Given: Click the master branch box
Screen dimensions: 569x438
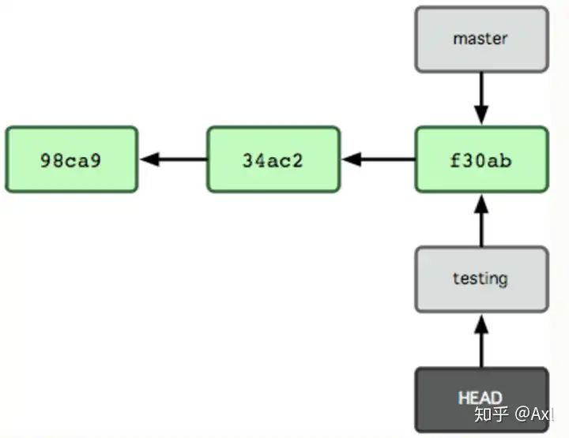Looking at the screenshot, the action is [481, 39].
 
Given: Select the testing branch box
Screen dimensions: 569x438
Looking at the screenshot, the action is [481, 279].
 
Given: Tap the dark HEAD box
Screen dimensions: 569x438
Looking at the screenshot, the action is [481, 399].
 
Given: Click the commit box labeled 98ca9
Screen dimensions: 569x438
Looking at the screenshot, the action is [71, 159].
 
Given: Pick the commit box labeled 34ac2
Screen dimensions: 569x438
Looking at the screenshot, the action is [273, 159].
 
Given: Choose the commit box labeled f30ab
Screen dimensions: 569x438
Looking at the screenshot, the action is [481, 159].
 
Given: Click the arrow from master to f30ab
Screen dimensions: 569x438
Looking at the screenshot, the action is [481, 99].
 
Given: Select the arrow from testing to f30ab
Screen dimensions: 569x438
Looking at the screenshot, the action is [481, 220].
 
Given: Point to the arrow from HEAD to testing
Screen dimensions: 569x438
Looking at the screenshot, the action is [481, 341].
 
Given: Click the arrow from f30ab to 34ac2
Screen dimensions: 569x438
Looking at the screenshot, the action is [378, 159].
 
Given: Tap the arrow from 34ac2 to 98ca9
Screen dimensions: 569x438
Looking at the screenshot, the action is [173, 159].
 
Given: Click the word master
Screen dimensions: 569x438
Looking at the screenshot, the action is [480, 39].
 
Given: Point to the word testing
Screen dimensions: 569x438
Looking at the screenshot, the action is [480, 279].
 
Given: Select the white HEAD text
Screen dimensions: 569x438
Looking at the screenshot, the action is [480, 398].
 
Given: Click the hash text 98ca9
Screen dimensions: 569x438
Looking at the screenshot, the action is [71, 160].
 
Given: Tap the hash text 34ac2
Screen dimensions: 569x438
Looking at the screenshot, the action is [273, 160].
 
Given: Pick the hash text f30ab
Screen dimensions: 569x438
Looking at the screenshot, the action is [480, 160].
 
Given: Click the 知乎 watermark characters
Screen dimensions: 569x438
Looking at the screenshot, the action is [491, 414].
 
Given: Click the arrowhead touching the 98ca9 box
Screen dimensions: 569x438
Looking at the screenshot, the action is [149, 159].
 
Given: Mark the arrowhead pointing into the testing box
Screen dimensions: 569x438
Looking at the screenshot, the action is [481, 324].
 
